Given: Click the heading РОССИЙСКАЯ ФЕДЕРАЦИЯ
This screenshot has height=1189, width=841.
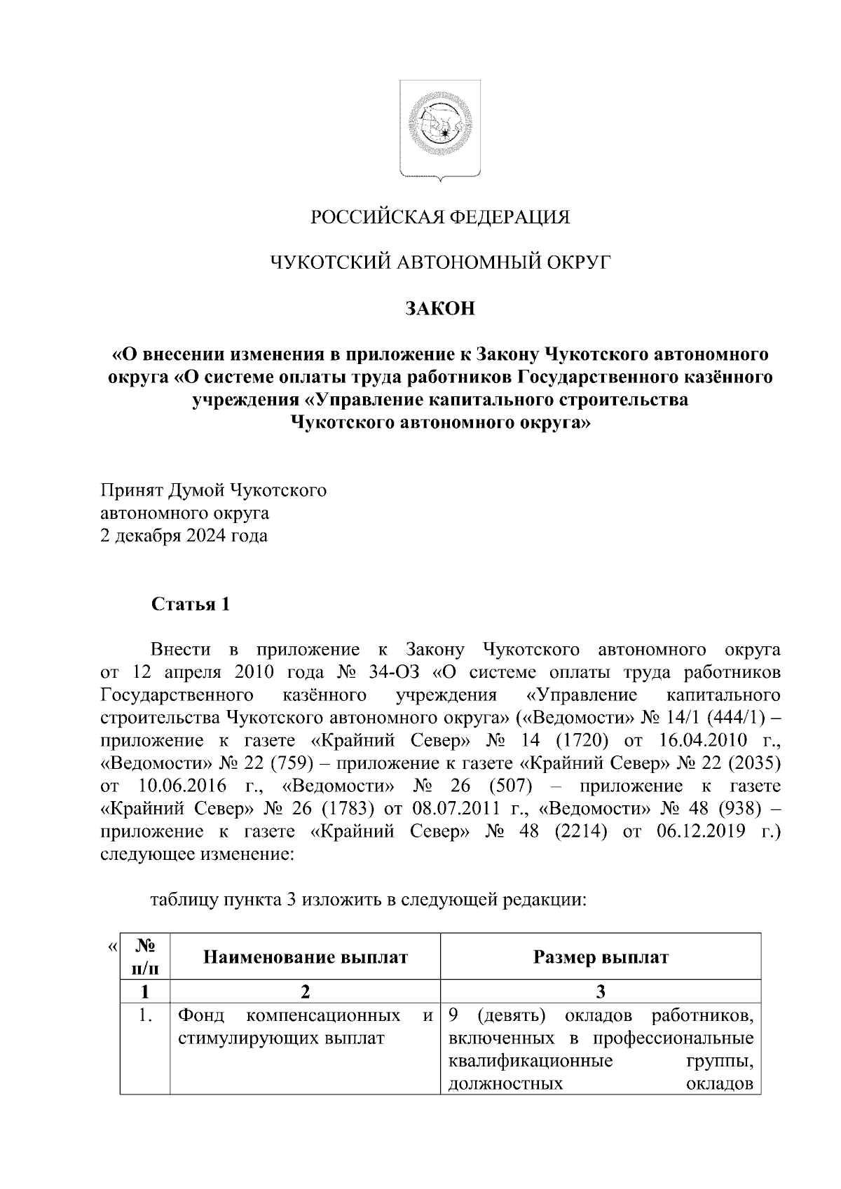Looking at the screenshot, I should pyautogui.click(x=441, y=218).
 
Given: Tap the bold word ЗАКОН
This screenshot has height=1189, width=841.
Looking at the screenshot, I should pyautogui.click(x=440, y=309).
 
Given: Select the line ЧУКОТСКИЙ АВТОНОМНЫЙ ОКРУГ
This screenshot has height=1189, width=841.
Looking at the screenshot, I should pyautogui.click(x=441, y=263).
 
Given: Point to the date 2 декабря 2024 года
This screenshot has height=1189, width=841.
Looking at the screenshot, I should pyautogui.click(x=184, y=536).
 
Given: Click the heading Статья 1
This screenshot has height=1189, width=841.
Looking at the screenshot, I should pyautogui.click(x=191, y=604).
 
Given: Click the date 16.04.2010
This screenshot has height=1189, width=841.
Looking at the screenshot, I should pyautogui.click(x=697, y=741).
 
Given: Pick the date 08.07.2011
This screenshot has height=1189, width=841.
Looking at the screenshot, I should pyautogui.click(x=460, y=809).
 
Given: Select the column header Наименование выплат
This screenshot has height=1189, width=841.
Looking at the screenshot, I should pyautogui.click(x=305, y=957).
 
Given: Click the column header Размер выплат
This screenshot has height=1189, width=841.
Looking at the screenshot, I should pyautogui.click(x=601, y=957).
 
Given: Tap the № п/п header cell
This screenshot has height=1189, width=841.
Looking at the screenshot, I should pyautogui.click(x=144, y=957).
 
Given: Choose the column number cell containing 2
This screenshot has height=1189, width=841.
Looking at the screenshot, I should pyautogui.click(x=305, y=992).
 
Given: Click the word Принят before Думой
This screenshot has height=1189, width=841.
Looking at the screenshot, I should pyautogui.click(x=131, y=490).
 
